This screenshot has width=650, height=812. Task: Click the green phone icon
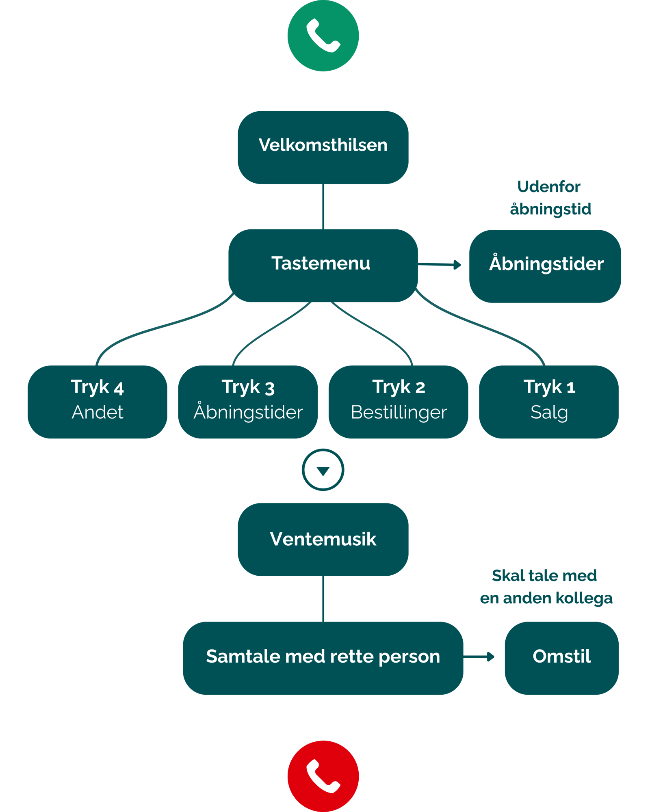pyautogui.click(x=323, y=36)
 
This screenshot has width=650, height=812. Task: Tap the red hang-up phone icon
pyautogui.click(x=323, y=776)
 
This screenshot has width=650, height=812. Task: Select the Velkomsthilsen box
pyautogui.click(x=323, y=147)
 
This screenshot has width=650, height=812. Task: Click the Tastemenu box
pyautogui.click(x=323, y=265)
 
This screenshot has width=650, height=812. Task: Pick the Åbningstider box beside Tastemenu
pyautogui.click(x=545, y=266)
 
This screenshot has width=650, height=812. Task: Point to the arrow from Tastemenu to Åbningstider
pyautogui.click(x=440, y=265)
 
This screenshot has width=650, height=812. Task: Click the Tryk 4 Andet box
pyautogui.click(x=97, y=402)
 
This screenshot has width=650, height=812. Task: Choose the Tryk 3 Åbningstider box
pyautogui.click(x=248, y=402)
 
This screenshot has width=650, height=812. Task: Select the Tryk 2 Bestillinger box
pyautogui.click(x=398, y=402)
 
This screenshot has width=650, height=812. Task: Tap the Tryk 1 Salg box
pyautogui.click(x=549, y=402)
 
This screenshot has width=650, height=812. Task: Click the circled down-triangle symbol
pyautogui.click(x=323, y=470)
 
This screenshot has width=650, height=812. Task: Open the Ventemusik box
pyautogui.click(x=323, y=539)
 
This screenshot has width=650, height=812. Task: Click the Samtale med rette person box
pyautogui.click(x=323, y=658)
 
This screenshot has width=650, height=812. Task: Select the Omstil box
pyautogui.click(x=561, y=658)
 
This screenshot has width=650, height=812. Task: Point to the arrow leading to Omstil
pyautogui.click(x=480, y=657)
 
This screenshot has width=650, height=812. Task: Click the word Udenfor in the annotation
pyautogui.click(x=549, y=187)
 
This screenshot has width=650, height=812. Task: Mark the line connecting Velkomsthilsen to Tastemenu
pyautogui.click(x=323, y=206)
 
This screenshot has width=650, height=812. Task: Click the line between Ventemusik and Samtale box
pyautogui.click(x=323, y=598)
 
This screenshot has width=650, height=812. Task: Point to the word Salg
pyautogui.click(x=549, y=412)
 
